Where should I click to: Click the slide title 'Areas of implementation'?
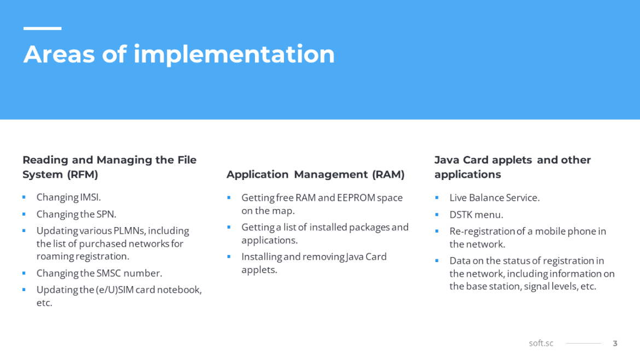[179, 54]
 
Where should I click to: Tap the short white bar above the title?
[43, 28]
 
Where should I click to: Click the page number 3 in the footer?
[615, 344]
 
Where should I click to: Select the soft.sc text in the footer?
[541, 343]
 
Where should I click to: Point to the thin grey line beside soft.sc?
[583, 343]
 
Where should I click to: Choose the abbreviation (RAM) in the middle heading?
[388, 175]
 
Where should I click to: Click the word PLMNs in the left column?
[129, 231]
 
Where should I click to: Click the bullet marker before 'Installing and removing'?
[229, 257]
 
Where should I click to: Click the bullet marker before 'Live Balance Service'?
[437, 198]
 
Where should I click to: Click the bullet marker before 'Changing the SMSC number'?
[24, 273]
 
